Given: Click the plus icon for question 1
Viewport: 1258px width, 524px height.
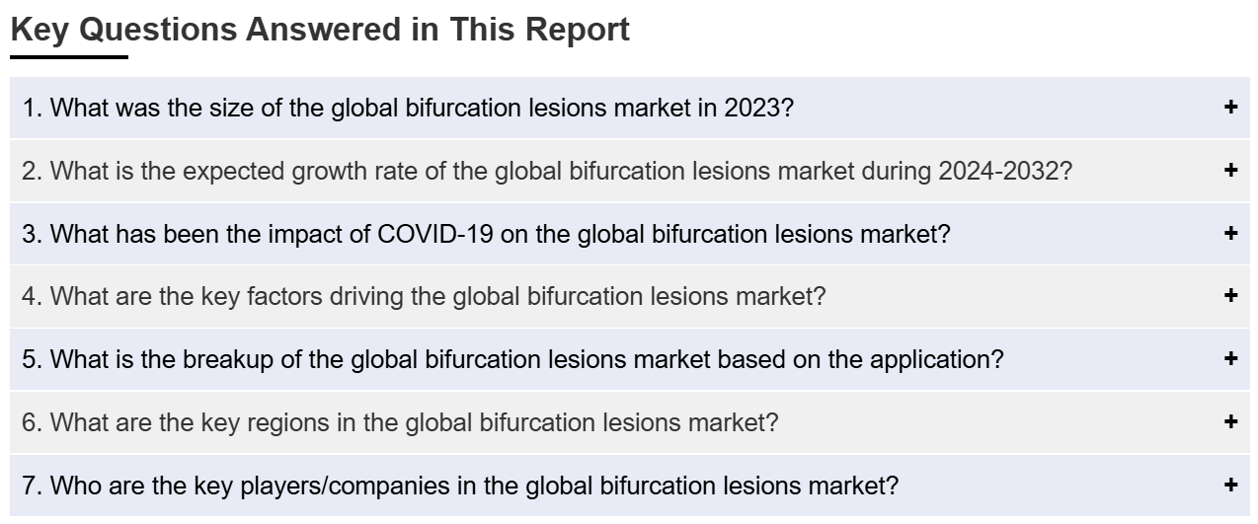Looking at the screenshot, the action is (1230, 107).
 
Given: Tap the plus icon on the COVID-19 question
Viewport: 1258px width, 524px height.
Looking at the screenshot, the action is (1230, 233).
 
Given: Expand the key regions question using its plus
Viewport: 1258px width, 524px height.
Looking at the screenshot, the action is (1230, 421).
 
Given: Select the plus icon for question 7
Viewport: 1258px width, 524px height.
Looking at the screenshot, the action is (1230, 485).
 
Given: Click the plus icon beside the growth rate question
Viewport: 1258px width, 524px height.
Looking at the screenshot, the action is (1230, 170).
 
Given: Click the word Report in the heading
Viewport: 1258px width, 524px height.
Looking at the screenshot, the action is (578, 31).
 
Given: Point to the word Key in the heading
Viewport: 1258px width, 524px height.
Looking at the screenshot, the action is (39, 31).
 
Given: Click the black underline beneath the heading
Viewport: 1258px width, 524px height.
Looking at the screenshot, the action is (69, 56).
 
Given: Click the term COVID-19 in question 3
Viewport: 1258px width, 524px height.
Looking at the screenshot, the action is (435, 234).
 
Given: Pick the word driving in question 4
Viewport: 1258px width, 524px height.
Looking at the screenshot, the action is (366, 297).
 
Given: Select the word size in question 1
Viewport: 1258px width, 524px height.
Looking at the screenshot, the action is (231, 108).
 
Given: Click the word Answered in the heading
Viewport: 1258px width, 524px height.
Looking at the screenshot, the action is (324, 31).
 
